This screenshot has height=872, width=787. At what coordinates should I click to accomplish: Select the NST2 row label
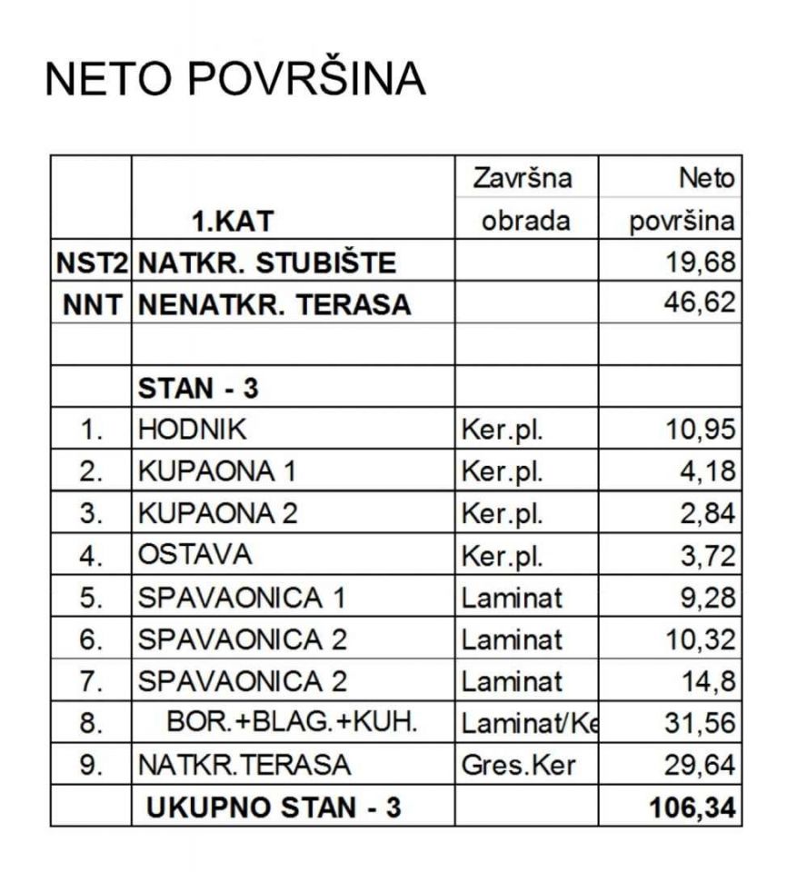[x=91, y=263]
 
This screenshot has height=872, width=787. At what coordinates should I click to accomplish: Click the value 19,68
[x=701, y=263]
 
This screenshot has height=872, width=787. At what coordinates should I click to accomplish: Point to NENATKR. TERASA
[x=274, y=305]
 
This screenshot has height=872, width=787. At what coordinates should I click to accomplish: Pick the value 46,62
[x=701, y=304]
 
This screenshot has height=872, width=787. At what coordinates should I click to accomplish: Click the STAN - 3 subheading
[x=198, y=388]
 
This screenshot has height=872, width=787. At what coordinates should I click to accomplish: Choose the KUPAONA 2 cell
[x=217, y=513]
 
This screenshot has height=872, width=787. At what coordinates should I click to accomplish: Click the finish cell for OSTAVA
[x=503, y=556]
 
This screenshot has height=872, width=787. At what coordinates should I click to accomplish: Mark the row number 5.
[x=91, y=599]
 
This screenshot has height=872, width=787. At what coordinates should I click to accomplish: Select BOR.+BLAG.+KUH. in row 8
[x=293, y=723]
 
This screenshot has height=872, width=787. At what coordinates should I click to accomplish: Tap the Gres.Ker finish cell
[x=519, y=766]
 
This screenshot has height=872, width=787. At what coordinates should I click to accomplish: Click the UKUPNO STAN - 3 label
[x=273, y=808]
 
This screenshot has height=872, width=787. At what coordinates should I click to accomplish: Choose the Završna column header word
[x=523, y=178]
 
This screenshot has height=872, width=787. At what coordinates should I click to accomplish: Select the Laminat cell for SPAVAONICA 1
[x=512, y=598]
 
